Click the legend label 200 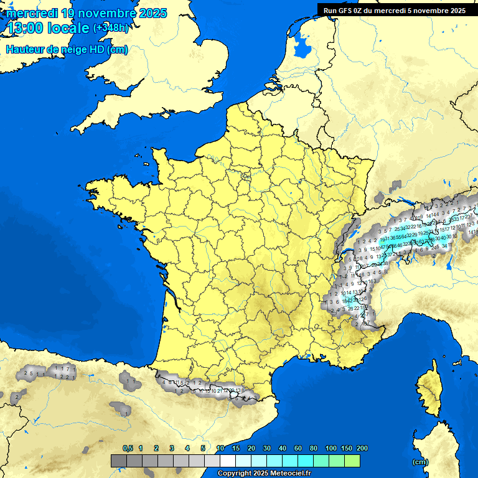(362, 448)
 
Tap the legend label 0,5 (128, 448)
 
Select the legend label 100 (331, 448)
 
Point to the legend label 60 (298, 448)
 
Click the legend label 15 (236, 448)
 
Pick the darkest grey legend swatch (118, 461)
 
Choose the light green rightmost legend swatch (352, 461)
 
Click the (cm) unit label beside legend (420, 462)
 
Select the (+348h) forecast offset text (111, 28)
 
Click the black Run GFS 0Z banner (395, 10)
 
